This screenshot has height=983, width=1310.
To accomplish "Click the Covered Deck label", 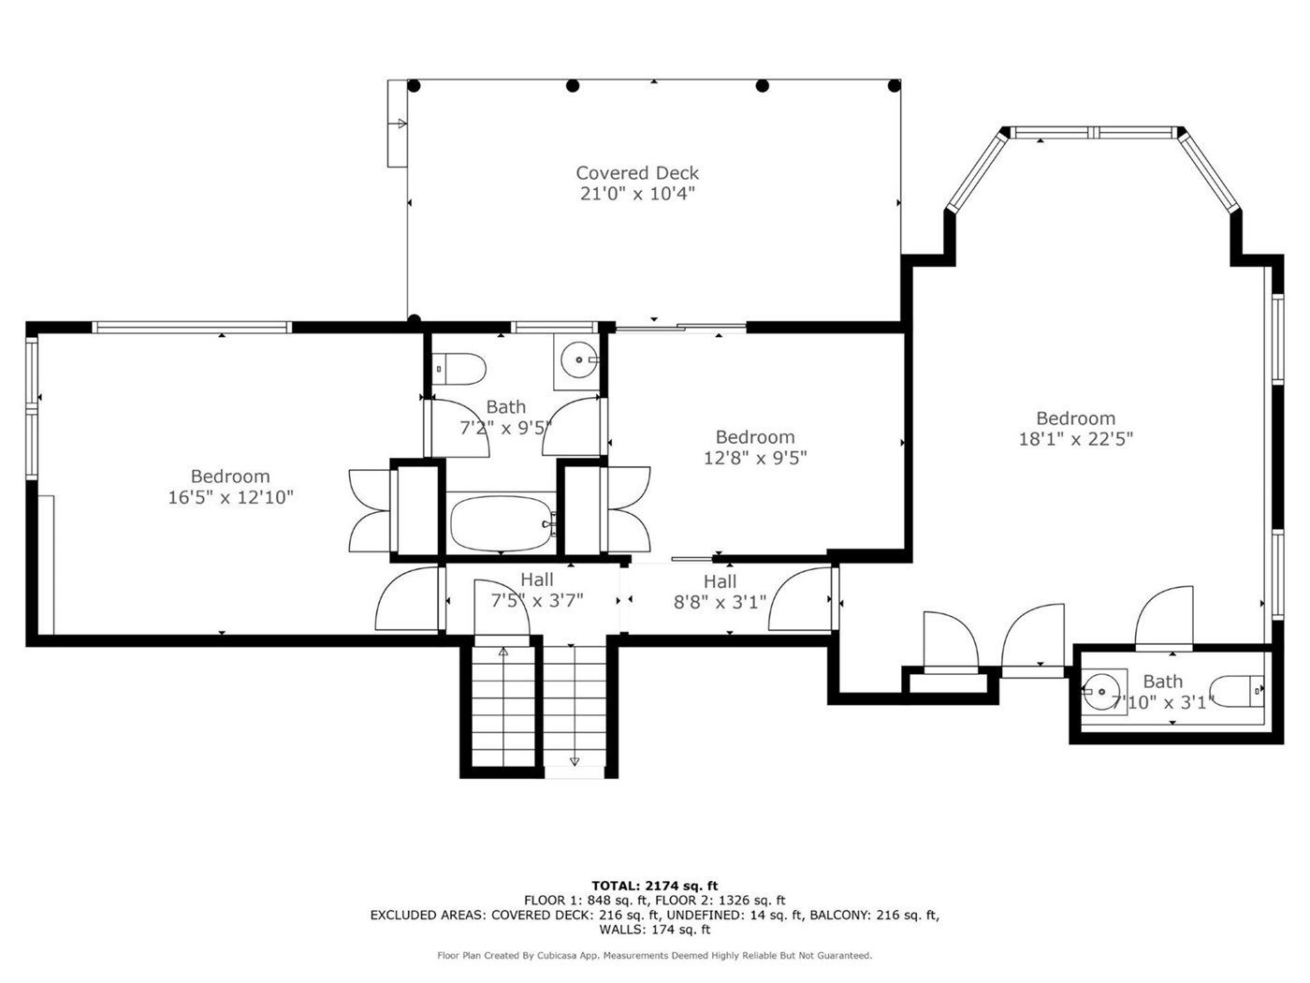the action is (x=637, y=173).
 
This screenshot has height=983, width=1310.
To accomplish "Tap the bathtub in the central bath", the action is (x=502, y=523).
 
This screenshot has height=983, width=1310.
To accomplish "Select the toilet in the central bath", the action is (x=458, y=369).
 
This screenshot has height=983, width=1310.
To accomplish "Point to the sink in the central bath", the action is (x=578, y=359).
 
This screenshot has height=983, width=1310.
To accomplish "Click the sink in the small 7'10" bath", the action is (x=1101, y=691).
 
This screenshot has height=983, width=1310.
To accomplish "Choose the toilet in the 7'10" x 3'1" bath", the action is (x=1239, y=691).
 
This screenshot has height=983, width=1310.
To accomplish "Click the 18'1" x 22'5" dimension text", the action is (x=1075, y=439).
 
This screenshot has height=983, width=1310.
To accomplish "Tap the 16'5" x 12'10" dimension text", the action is (x=230, y=497).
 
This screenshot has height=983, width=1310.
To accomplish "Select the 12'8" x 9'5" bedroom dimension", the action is (x=755, y=458).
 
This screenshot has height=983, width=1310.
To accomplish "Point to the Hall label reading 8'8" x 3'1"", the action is (x=720, y=592).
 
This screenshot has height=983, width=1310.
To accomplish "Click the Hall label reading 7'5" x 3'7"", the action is (x=536, y=590).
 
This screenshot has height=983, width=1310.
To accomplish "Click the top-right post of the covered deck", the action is (x=894, y=86).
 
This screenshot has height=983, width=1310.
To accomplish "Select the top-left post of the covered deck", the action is (x=414, y=86).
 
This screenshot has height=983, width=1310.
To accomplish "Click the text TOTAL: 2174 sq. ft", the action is (x=655, y=886).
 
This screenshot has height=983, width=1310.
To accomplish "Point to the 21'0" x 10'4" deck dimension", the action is (x=637, y=194).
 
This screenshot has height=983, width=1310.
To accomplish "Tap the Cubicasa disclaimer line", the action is (x=655, y=956).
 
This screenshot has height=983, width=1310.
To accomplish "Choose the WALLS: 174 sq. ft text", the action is (x=655, y=930).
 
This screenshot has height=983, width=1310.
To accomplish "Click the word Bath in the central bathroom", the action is (x=506, y=407).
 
